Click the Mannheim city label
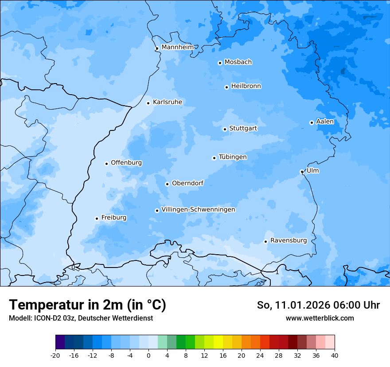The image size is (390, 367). (x=177, y=47)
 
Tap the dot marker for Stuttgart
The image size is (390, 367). (x=225, y=129)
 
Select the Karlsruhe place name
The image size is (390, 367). (x=168, y=102)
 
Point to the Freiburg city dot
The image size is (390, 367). (x=97, y=218)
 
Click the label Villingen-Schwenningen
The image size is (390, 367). (x=198, y=210)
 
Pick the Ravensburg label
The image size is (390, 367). (x=289, y=241)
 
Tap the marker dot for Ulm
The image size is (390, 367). (x=302, y=172)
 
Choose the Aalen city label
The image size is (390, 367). (x=325, y=122)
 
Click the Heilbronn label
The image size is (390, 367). (x=246, y=86)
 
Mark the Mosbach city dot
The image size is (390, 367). (x=220, y=63)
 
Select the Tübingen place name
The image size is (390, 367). (x=233, y=157)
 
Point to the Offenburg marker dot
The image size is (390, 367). (x=106, y=164)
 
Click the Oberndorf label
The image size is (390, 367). (x=187, y=183)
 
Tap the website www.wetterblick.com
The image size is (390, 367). (x=320, y=318)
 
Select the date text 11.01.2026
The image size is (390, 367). (x=301, y=305)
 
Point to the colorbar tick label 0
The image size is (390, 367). (x=148, y=356)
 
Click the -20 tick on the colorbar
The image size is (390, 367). (x=55, y=356)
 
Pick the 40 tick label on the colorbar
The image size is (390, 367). (x=335, y=356)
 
